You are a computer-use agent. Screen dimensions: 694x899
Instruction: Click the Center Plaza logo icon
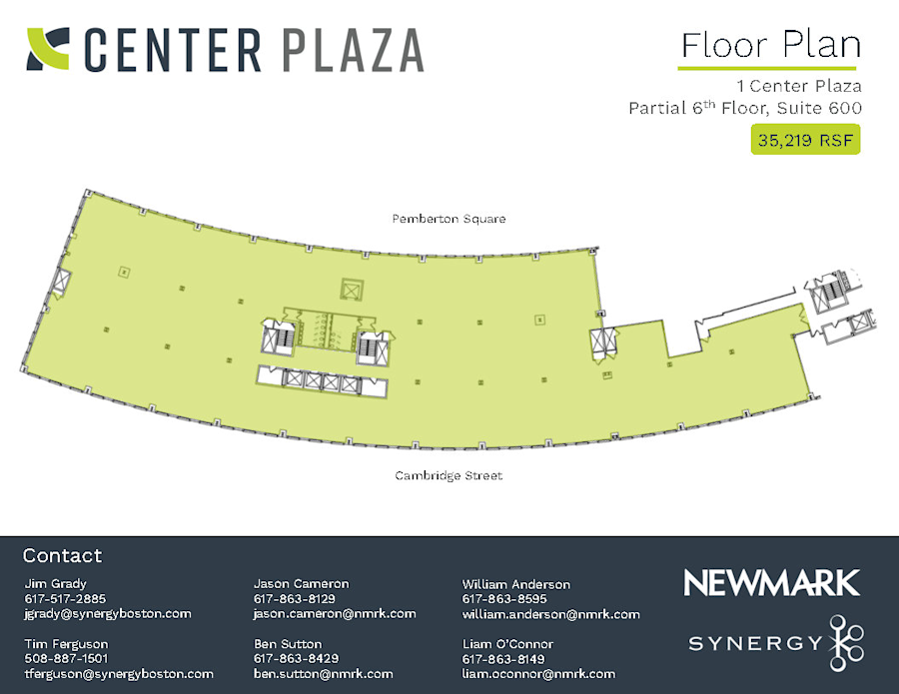coord(48,49)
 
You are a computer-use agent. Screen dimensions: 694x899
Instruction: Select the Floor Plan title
coord(769,45)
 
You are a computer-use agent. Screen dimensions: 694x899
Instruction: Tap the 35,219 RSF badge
coord(805,140)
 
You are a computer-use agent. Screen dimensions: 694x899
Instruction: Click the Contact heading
coord(62,556)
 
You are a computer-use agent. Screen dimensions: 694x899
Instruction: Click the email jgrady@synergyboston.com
coord(107,614)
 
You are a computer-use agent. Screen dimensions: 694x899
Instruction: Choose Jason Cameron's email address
coord(335,614)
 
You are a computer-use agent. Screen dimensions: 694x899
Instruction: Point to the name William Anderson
coord(515,584)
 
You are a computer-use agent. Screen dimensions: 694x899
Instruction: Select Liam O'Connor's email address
coord(538,674)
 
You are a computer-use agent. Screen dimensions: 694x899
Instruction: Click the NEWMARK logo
coord(771,583)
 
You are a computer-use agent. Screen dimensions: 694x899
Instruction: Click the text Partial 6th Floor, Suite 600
coord(744,108)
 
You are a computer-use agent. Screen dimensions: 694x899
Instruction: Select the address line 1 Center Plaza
coord(798,86)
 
